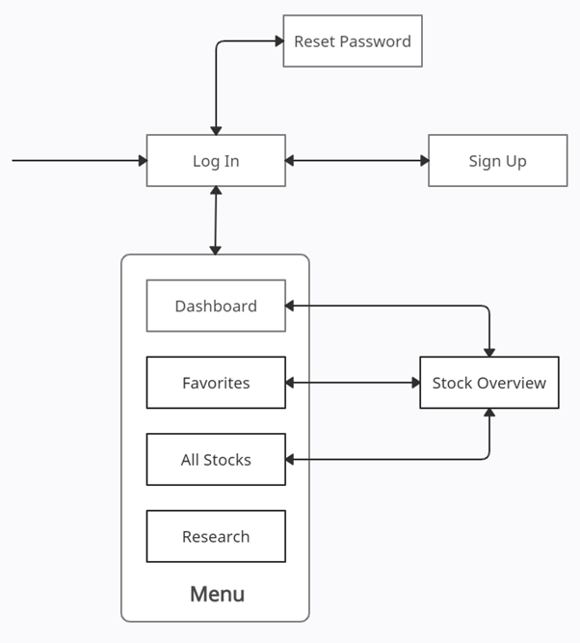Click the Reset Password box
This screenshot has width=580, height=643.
click(353, 41)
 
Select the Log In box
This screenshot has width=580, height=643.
click(216, 161)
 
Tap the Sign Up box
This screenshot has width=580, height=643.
click(497, 161)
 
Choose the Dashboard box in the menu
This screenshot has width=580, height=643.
click(216, 306)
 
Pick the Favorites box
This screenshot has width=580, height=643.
click(216, 383)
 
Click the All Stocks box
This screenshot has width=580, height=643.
click(216, 460)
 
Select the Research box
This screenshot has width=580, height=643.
click(216, 537)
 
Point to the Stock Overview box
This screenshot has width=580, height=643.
click(488, 383)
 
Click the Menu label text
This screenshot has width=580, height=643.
click(217, 594)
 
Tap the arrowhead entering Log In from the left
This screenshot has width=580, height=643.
click(141, 161)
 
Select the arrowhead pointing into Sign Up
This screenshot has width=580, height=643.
click(423, 161)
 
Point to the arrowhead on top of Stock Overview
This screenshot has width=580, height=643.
click(489, 352)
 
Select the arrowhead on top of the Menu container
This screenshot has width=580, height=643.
click(215, 249)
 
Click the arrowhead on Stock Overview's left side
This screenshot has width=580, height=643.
click(414, 383)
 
